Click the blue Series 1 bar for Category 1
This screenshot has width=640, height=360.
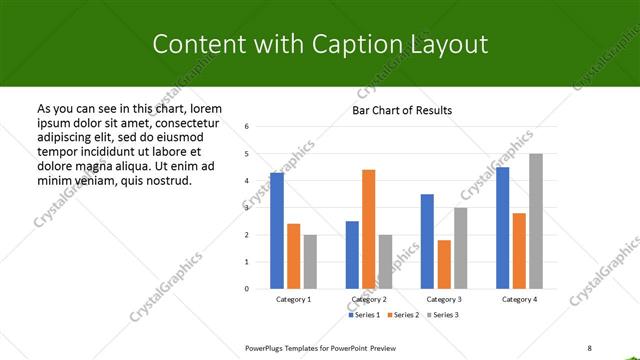coord(277,230)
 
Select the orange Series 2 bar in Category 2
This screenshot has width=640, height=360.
coord(368,229)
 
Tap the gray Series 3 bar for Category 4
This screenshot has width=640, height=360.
coord(536,221)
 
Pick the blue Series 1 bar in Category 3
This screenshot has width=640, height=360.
coord(427,241)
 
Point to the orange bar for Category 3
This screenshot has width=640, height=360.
coord(444,264)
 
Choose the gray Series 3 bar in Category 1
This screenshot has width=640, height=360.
coord(310,261)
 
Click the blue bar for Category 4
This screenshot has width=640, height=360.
coord(502,227)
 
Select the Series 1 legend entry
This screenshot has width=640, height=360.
coord(365,315)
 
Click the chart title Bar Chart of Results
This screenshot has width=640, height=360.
coord(402,110)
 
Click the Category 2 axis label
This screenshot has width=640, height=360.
coord(368,299)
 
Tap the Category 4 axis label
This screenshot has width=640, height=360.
coord(519,299)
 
